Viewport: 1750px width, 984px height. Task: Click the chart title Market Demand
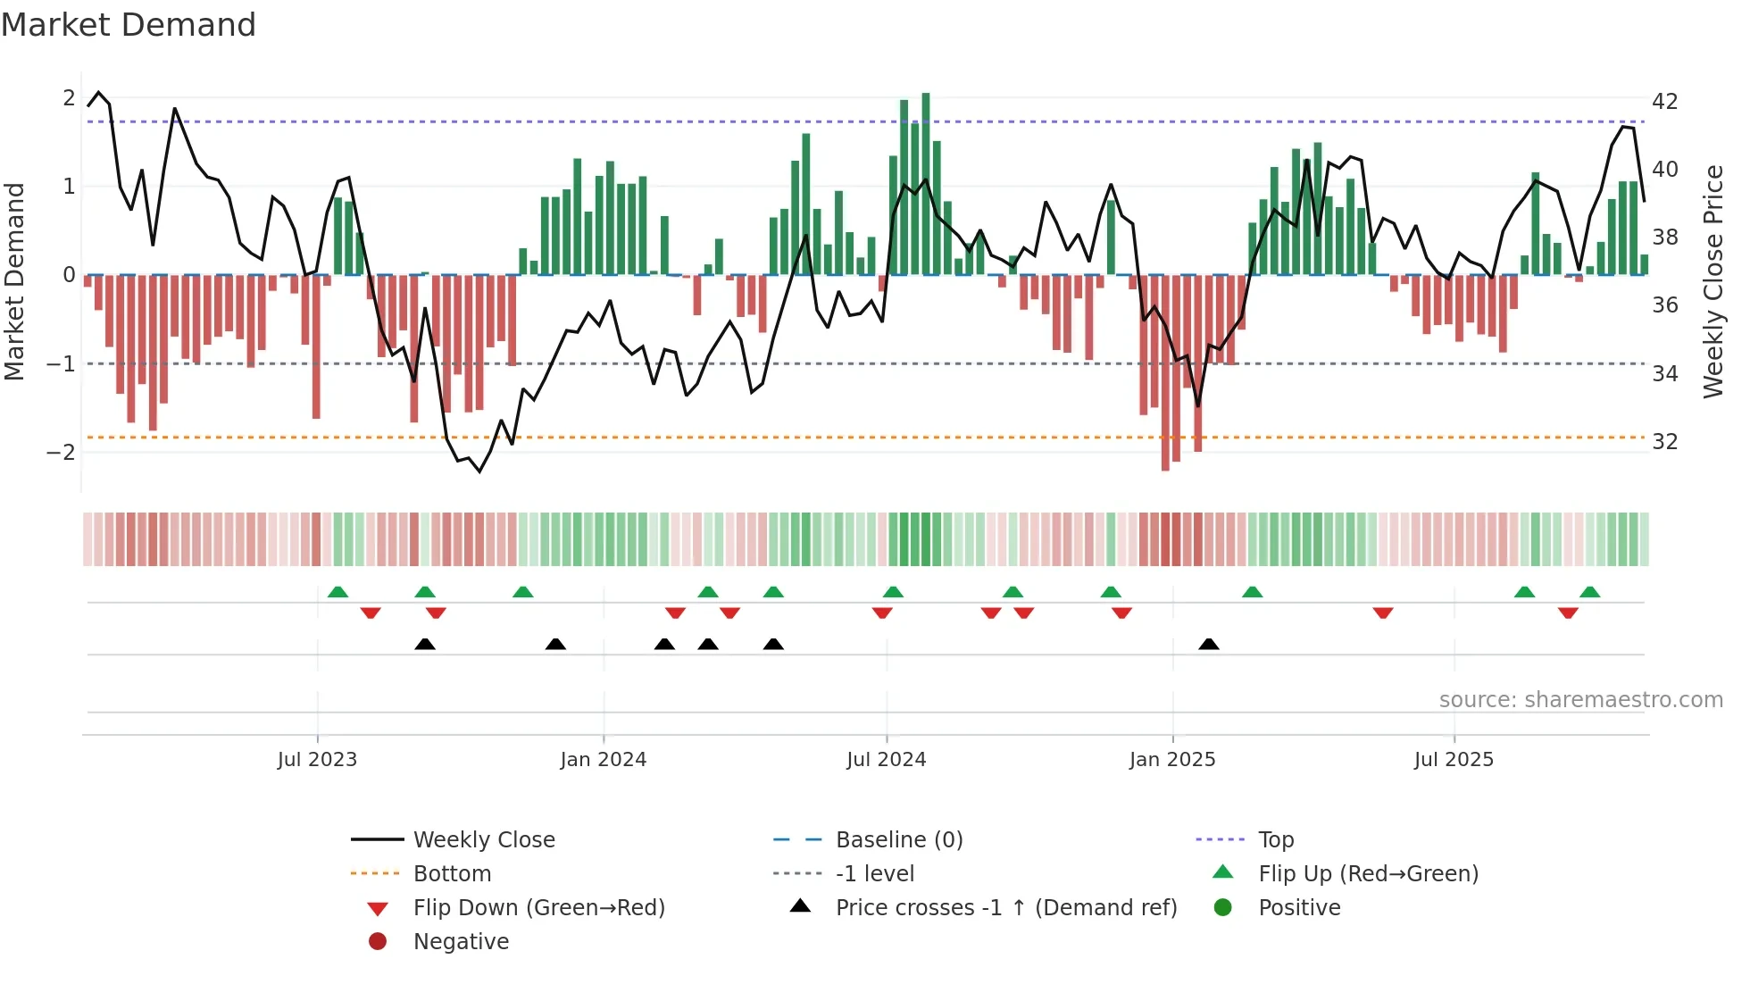129,25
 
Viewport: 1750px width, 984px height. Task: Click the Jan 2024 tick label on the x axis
603,760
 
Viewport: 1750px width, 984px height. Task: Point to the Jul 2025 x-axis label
1453,760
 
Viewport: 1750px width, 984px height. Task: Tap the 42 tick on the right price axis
1664,101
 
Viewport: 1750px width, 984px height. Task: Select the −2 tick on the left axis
62,452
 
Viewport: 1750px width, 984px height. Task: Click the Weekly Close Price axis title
1712,281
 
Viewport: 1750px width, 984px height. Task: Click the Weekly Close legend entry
483,840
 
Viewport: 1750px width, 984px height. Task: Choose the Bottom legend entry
452,874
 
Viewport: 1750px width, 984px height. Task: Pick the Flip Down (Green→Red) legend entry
538,908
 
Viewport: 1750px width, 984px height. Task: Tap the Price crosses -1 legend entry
1005,908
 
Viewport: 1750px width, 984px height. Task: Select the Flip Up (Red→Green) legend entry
1368,874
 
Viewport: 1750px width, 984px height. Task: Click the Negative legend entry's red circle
378,941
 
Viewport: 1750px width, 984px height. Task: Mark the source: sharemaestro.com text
1580,700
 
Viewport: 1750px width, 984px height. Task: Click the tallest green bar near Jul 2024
926,183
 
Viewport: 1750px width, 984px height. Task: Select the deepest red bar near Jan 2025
1165,372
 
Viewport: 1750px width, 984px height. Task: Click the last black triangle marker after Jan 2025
1209,645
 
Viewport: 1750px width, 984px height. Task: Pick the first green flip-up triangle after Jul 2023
337,592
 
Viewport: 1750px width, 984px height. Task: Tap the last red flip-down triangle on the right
1568,613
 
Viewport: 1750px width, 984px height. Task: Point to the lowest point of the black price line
479,471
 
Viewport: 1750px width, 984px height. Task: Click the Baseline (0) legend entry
898,840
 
